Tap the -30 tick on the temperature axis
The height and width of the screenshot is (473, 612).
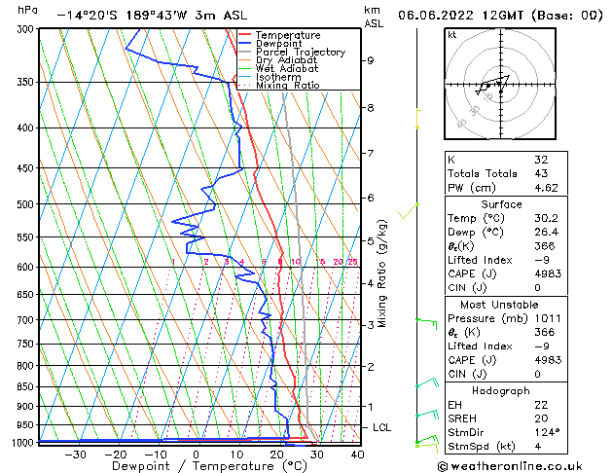[x=74, y=454]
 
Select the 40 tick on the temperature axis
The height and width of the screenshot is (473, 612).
[x=357, y=454]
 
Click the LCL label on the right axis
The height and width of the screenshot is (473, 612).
[x=383, y=427]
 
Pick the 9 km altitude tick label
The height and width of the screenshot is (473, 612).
[x=371, y=60]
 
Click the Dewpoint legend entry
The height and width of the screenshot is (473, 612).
[x=280, y=44]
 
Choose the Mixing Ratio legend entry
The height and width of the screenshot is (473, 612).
[x=287, y=86]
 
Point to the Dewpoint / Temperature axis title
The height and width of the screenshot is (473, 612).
[x=196, y=466]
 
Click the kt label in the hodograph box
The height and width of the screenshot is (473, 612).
[x=451, y=34]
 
